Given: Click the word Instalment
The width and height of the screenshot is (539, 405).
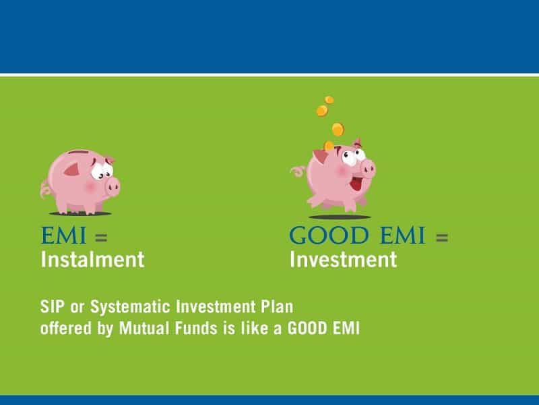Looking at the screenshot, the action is [92, 260].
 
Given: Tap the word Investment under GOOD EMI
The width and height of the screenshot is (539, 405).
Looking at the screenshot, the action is [343, 260].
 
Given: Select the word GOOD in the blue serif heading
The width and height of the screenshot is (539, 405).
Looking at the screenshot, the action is [329, 236].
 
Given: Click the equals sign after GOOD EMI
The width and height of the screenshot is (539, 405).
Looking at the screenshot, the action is [442, 238].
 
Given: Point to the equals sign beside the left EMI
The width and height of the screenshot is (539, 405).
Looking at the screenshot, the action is [101, 238].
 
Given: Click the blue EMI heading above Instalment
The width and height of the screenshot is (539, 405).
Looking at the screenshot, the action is [63, 236].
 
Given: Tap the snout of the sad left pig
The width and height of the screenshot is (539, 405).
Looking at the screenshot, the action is [113, 187].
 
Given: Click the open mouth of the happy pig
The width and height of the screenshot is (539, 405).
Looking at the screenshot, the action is [356, 183].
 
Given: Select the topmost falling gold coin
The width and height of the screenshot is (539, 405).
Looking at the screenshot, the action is [329, 100].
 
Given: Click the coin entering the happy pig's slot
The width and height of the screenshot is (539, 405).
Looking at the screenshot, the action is [329, 146].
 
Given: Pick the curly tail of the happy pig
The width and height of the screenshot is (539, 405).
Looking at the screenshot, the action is [298, 171].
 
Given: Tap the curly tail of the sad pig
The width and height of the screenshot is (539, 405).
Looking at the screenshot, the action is [45, 189].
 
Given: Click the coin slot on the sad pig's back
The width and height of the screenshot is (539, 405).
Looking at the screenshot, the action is [78, 152].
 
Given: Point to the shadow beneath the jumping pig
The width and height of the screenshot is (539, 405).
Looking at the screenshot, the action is [340, 217].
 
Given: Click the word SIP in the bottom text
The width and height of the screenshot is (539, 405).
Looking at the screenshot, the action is [53, 306].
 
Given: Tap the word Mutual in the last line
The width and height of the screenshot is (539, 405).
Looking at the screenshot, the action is [144, 328].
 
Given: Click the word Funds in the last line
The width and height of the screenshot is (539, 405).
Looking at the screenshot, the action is [196, 328].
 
